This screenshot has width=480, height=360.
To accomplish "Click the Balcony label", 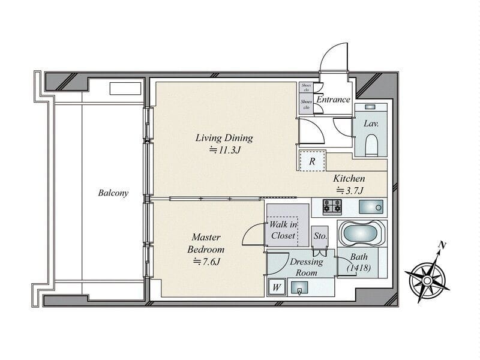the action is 113,193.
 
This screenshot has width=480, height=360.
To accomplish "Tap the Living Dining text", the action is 224,138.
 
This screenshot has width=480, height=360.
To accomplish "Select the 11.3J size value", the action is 224,151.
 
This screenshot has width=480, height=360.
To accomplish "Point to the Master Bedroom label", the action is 206,243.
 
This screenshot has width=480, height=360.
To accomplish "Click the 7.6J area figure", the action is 206,262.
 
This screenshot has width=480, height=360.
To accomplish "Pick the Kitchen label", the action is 349,178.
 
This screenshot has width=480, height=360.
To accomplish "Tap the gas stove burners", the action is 332,206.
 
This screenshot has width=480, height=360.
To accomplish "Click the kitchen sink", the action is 371,207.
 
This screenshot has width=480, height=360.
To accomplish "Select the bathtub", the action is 362,233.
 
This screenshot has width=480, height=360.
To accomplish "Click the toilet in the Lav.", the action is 371,145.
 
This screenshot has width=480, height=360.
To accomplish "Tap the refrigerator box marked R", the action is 312,161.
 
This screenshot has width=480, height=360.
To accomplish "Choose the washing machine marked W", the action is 277,287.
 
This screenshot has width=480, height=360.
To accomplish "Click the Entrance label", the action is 333,100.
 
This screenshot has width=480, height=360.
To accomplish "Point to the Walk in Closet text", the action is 283,230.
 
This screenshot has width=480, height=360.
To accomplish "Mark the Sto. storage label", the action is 320,236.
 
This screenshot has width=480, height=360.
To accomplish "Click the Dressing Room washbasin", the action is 299,288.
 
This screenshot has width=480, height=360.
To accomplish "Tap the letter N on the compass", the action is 442,245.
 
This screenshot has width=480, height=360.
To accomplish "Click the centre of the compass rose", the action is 426,280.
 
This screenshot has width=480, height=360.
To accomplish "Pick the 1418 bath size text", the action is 358,268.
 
